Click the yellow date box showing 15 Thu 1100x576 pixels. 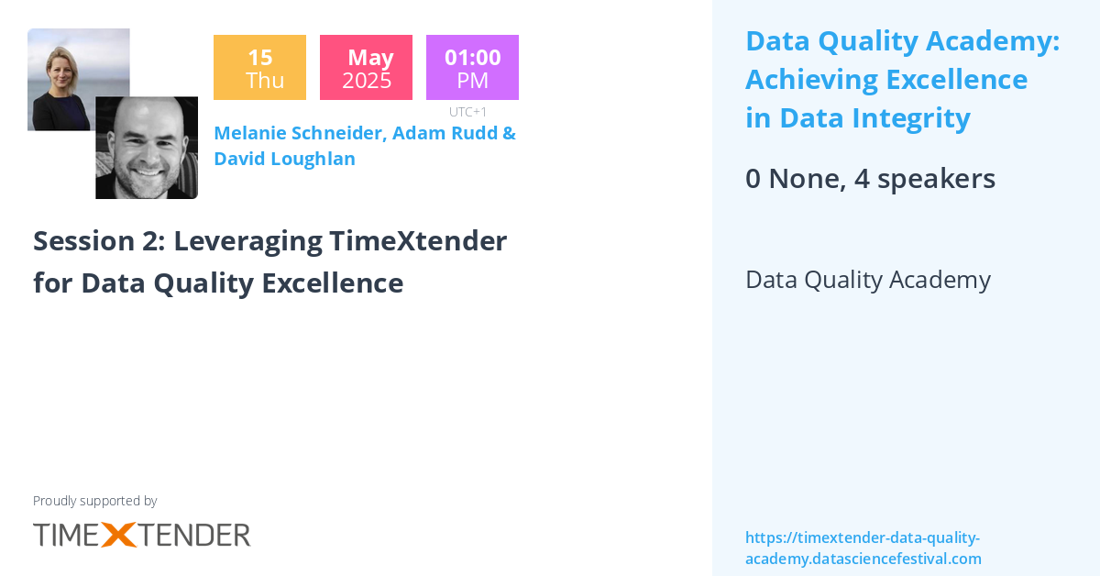[x=259, y=67]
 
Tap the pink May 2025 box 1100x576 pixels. [x=366, y=67]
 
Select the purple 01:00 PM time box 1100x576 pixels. [x=472, y=67]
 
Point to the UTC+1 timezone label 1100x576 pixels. [x=467, y=112]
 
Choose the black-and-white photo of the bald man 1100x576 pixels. [x=147, y=148]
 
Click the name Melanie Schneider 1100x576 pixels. [x=299, y=133]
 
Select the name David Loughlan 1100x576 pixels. [x=284, y=159]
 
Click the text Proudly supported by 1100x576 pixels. [x=94, y=501]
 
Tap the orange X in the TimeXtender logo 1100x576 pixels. [x=119, y=535]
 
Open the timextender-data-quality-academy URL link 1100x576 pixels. [x=863, y=548]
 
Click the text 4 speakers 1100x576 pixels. [x=924, y=179]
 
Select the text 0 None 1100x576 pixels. [x=794, y=179]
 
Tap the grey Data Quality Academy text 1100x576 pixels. [x=867, y=280]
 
